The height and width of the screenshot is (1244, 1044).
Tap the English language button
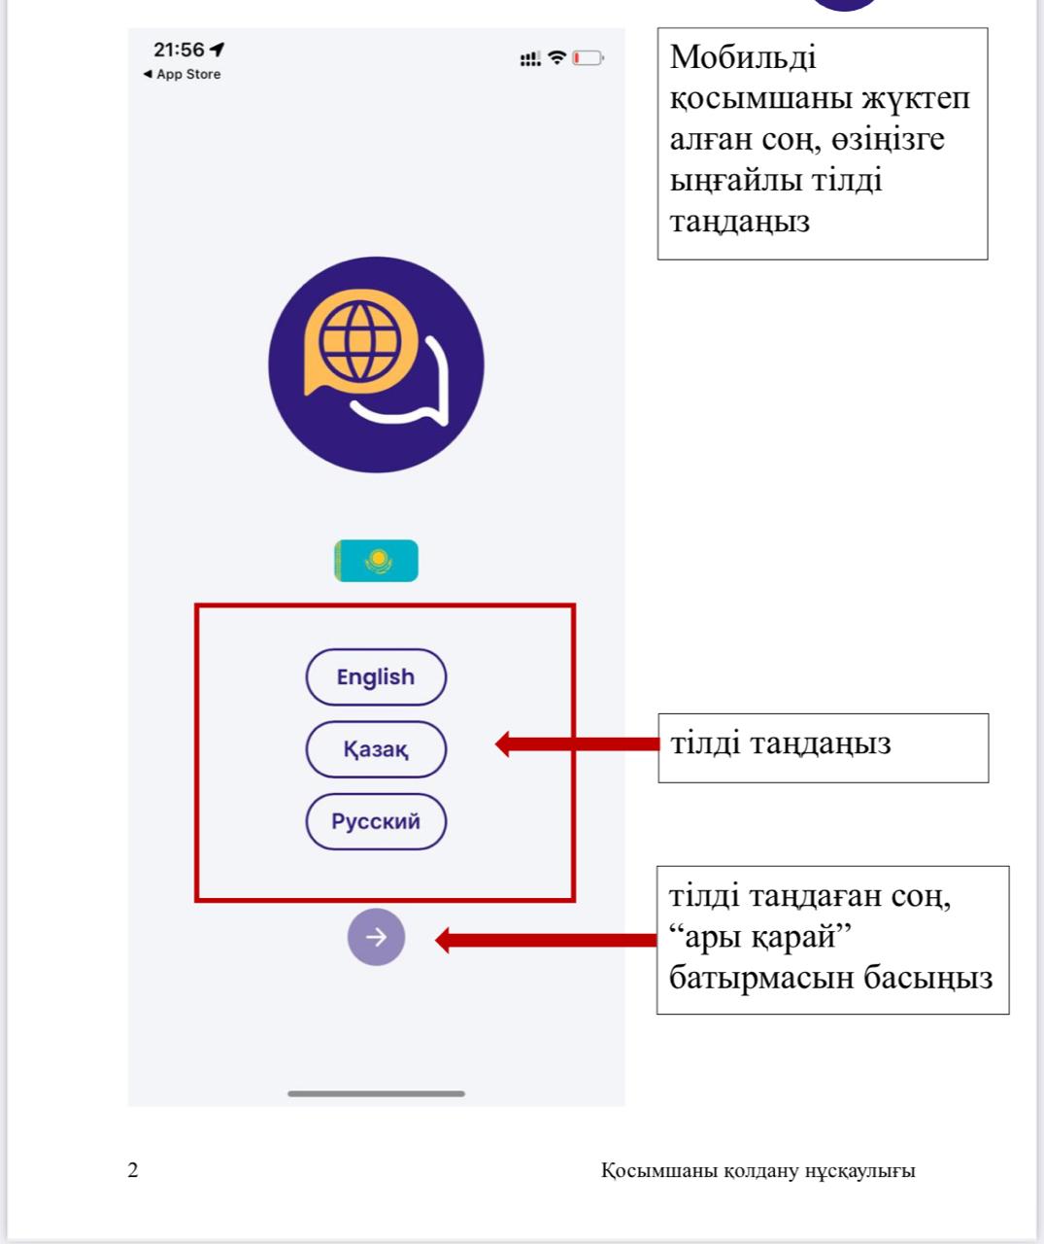tap(376, 676)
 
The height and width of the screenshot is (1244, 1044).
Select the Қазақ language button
tap(376, 749)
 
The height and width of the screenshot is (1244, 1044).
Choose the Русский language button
tap(376, 821)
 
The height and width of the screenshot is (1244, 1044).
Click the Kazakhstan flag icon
tap(376, 561)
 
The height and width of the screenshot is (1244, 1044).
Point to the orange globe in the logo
tap(359, 341)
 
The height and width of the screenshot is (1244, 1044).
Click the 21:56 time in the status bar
tap(179, 50)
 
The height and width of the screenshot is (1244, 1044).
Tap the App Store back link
tap(183, 74)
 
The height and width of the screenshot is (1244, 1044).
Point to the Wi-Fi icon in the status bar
tap(556, 57)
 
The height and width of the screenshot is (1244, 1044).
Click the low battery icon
tap(589, 57)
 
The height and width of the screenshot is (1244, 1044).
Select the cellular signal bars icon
tap(530, 58)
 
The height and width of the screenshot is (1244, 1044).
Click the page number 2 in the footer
tap(133, 1169)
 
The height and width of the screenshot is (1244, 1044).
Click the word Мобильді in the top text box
tap(743, 58)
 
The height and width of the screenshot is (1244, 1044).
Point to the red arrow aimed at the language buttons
tap(577, 743)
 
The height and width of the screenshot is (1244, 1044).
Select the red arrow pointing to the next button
tap(546, 940)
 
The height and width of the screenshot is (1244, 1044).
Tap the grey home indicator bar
tap(376, 1093)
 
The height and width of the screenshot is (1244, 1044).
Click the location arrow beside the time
tap(218, 50)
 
